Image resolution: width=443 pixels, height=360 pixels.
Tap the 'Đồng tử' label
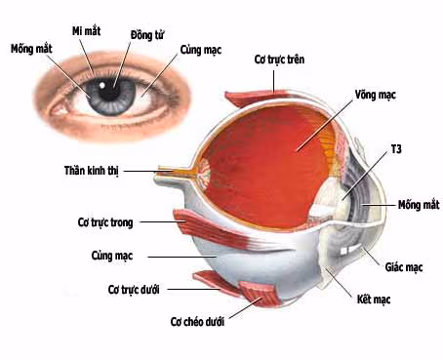[146, 34]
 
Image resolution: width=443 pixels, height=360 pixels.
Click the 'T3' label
[396, 148]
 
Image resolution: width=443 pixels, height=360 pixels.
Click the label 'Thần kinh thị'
[91, 171]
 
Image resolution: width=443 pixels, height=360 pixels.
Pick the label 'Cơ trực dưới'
[134, 290]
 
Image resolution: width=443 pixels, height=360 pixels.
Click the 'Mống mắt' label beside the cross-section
[419, 205]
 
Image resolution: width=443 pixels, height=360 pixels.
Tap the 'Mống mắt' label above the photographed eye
[31, 48]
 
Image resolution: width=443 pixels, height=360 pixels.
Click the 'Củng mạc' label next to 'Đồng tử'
[199, 48]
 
